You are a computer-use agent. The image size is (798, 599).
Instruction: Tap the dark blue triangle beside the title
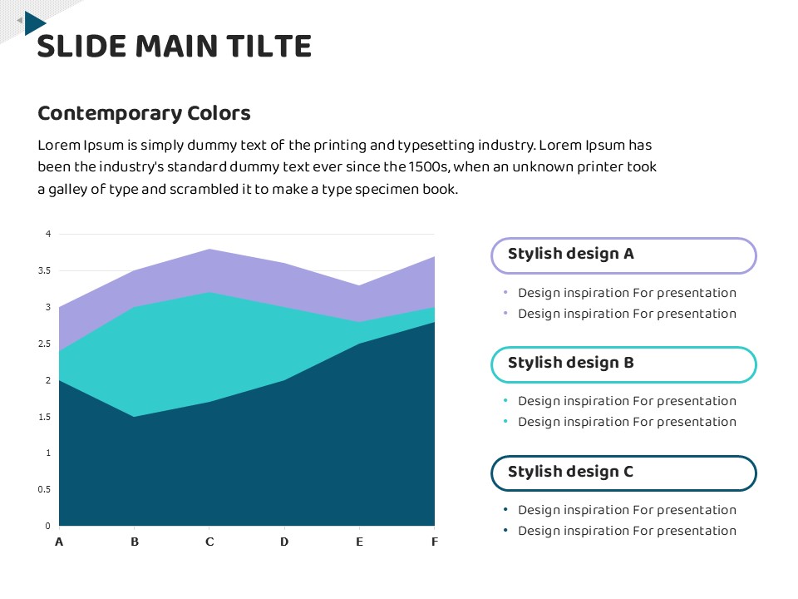[34, 22]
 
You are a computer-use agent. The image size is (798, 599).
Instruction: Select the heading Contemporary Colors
[144, 113]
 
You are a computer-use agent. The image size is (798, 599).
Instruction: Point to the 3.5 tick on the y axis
[44, 270]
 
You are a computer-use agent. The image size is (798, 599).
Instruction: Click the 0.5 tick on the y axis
[44, 489]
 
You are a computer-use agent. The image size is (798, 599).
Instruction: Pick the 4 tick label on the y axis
[48, 234]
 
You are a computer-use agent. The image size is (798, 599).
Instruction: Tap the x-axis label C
[209, 542]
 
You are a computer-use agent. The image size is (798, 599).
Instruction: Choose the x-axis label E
[359, 542]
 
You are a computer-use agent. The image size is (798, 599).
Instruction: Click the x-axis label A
[59, 542]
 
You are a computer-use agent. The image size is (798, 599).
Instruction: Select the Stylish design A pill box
[623, 255]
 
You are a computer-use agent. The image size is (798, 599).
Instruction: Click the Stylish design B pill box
[623, 364]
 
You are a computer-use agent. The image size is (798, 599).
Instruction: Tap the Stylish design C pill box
[623, 473]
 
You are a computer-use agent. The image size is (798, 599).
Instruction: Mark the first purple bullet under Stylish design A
[505, 293]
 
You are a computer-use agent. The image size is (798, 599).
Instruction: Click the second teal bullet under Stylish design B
[505, 422]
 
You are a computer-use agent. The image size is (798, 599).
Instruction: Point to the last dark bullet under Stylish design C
[505, 531]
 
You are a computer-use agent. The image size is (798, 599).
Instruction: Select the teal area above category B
[135, 358]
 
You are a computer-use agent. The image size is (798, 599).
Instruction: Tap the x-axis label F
[434, 542]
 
